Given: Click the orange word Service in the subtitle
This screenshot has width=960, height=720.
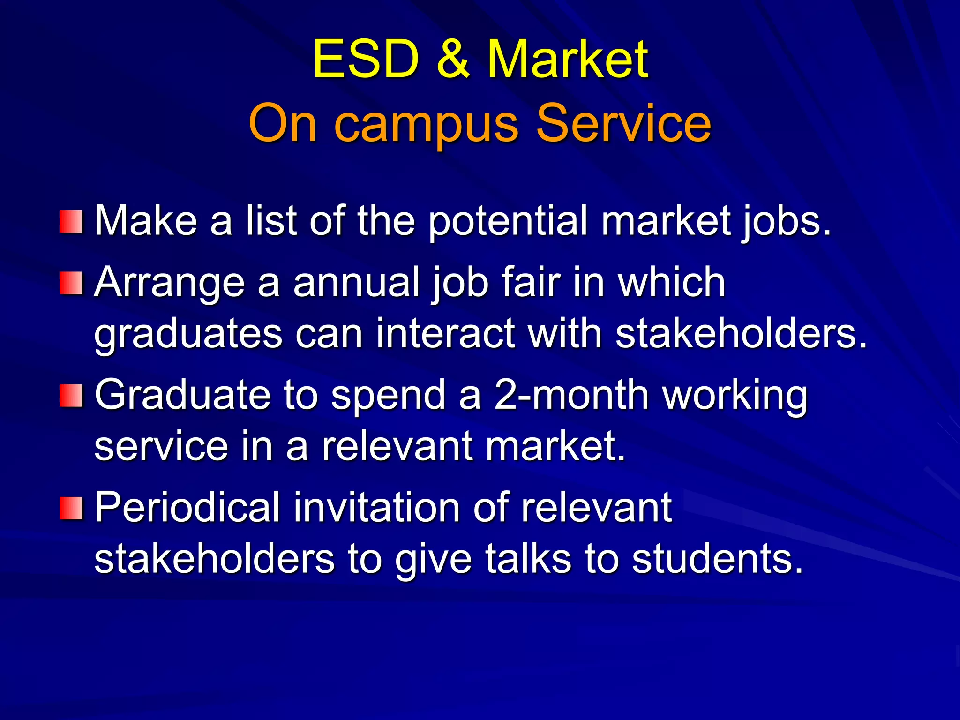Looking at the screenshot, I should click(x=623, y=123).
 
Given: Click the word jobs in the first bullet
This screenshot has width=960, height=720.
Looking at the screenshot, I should click(x=786, y=221).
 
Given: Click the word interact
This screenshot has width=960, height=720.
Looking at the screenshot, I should click(x=446, y=334).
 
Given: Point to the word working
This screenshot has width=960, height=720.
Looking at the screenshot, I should click(x=736, y=397).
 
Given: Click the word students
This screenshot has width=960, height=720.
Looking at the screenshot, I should click(x=717, y=559).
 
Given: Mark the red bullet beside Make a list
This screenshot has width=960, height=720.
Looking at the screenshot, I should click(x=71, y=222).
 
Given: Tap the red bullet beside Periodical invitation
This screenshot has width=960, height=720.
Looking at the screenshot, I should click(x=71, y=508).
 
